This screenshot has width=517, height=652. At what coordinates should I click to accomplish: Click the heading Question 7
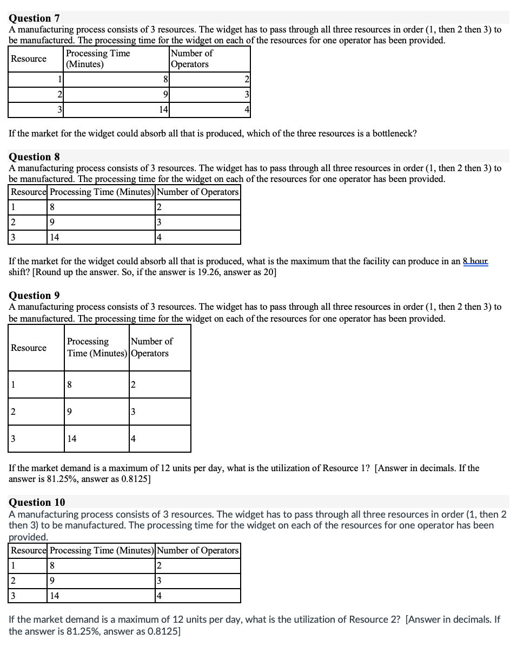tap(34, 19)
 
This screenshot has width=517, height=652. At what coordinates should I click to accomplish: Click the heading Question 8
tap(34, 157)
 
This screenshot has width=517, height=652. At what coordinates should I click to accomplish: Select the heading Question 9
tap(34, 295)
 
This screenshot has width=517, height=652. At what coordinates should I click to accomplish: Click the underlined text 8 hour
tap(475, 261)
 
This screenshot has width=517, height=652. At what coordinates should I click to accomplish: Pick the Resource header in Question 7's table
tap(29, 58)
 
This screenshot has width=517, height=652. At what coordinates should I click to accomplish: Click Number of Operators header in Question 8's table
tap(198, 192)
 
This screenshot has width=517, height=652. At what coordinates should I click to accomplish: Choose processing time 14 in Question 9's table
tap(72, 439)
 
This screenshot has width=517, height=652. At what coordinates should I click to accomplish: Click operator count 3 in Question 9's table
tap(134, 412)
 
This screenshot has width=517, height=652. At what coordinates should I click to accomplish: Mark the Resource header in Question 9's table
tap(29, 348)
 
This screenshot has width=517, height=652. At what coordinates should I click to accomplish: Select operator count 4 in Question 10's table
tap(159, 596)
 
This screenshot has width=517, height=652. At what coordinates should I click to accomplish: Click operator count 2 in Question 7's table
tap(246, 80)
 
